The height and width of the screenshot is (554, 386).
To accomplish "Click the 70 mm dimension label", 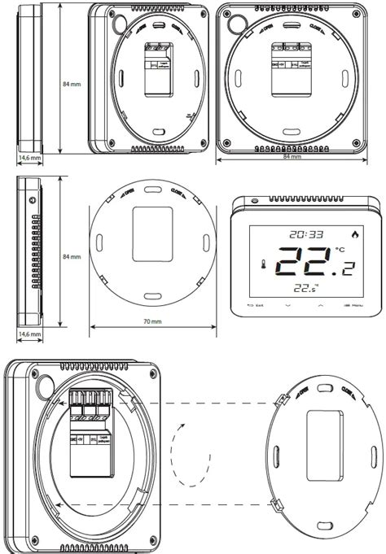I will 151,322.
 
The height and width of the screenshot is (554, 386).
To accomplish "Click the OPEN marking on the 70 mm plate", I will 129,195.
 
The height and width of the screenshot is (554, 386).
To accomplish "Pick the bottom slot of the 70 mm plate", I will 152,294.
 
